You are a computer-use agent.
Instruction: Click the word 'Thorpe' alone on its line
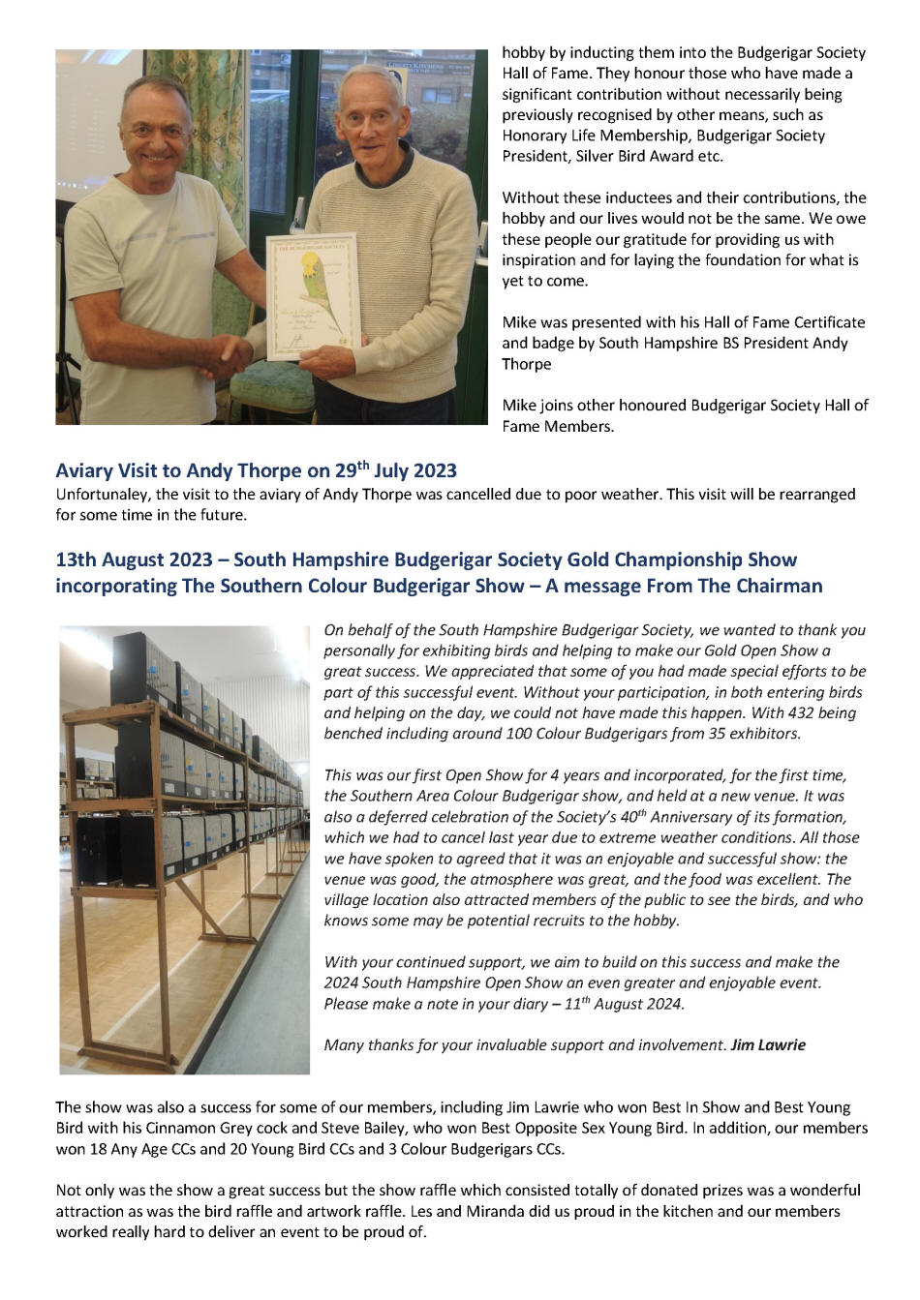[x=526, y=364]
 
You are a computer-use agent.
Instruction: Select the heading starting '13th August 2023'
[x=426, y=559]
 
